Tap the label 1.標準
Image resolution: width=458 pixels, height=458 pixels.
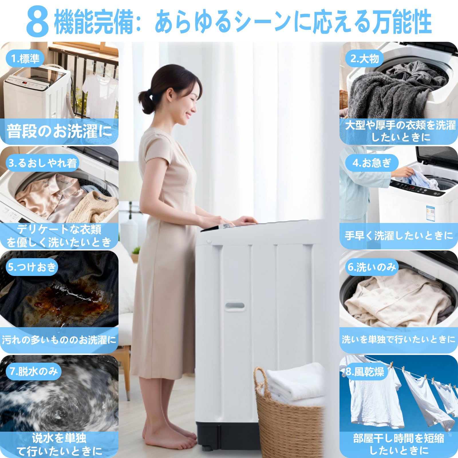pyautogui.click(x=25, y=59)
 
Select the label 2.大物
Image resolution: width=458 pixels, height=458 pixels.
pyautogui.click(x=364, y=59)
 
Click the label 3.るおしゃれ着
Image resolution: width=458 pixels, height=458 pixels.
pyautogui.click(x=43, y=163)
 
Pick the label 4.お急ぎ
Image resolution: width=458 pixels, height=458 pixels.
pyautogui.click(x=372, y=163)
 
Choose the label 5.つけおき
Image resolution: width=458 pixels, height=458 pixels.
pyautogui.click(x=32, y=267)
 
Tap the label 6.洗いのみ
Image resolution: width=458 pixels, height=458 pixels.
pyautogui.click(x=372, y=267)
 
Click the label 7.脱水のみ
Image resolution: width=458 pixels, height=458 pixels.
pyautogui.click(x=33, y=372)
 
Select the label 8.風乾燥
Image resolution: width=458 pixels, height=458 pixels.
pyautogui.click(x=364, y=372)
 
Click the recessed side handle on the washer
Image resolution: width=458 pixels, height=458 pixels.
pyautogui.click(x=234, y=306)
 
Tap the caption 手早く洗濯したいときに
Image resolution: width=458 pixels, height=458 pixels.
pyautogui.click(x=398, y=236)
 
